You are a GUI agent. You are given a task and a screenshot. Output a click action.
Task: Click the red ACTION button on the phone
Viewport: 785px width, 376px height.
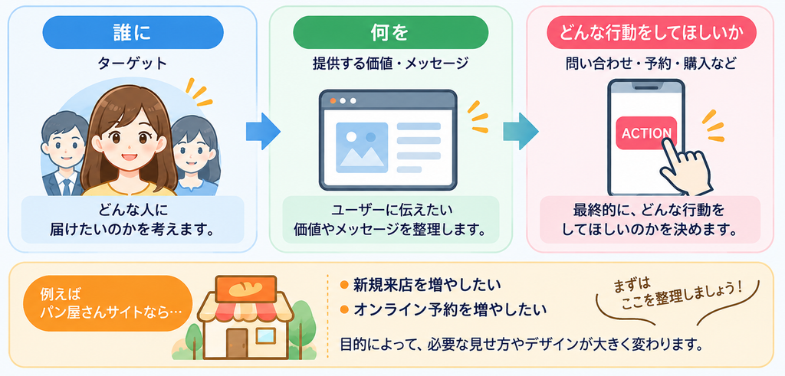click(x=646, y=133)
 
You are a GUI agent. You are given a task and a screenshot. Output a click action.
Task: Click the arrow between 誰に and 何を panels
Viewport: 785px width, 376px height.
click(x=263, y=131)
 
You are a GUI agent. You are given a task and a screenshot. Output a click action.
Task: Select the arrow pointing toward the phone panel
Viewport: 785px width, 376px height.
click(x=521, y=131)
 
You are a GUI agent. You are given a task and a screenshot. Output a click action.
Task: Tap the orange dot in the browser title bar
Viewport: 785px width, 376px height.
click(x=333, y=101)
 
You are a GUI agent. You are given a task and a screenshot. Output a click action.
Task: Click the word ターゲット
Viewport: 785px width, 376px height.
click(x=133, y=64)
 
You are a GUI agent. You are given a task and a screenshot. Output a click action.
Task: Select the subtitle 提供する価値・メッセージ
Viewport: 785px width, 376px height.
click(x=390, y=64)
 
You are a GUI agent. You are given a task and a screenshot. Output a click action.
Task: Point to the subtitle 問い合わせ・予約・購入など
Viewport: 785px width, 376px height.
click(x=652, y=64)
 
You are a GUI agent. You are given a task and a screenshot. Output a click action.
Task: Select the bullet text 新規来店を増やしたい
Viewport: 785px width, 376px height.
click(x=421, y=285)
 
